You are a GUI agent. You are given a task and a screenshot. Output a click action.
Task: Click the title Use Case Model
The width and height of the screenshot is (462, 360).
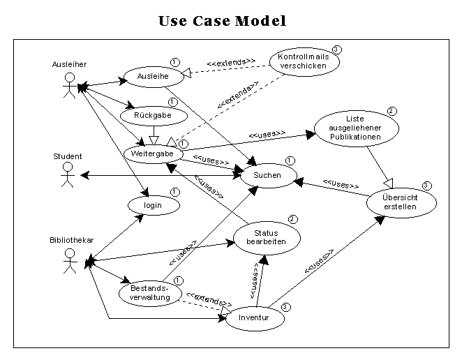[x=223, y=21]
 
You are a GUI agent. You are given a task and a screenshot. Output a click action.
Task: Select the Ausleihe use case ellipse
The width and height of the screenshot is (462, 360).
[x=153, y=77]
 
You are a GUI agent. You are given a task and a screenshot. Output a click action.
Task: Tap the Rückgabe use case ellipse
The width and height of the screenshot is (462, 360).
[x=154, y=114]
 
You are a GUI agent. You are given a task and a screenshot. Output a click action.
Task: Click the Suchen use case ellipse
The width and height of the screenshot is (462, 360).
[x=267, y=176]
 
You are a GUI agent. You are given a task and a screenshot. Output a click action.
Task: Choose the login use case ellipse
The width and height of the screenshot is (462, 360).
[x=153, y=206]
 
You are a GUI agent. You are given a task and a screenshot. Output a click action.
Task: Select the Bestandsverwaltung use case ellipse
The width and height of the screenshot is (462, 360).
[x=149, y=292]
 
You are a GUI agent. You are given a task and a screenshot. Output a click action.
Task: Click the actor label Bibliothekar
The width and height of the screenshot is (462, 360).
[x=72, y=240]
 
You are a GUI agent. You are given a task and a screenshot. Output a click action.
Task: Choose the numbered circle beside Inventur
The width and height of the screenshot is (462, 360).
[x=285, y=306]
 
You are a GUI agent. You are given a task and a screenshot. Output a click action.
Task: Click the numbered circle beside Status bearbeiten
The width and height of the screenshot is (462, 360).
[x=292, y=219]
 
